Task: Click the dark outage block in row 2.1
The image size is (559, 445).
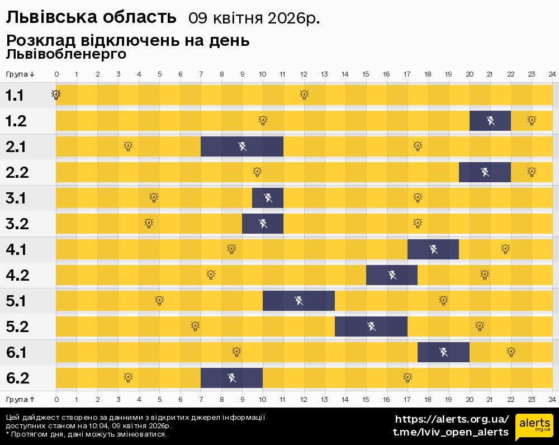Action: click(241, 146)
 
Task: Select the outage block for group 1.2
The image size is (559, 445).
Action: click(490, 121)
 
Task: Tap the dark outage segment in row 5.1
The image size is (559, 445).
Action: click(299, 301)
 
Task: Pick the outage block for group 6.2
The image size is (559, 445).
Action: click(231, 378)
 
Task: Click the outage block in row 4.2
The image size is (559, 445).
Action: click(392, 275)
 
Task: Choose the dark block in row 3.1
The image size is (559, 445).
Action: click(268, 198)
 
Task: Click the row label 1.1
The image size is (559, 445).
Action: click(15, 96)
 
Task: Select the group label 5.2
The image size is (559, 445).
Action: click(17, 327)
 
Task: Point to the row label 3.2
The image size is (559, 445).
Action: click(17, 224)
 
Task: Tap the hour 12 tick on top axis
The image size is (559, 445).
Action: click(304, 74)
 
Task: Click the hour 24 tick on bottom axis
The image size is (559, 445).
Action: click(552, 399)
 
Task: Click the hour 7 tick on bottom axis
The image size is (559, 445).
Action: click(201, 399)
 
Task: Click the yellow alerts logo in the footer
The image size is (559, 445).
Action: click(534, 428)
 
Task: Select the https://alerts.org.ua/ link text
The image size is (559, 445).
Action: click(452, 419)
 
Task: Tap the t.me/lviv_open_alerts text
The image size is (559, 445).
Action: click(451, 432)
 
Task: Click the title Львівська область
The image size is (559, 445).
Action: click(91, 17)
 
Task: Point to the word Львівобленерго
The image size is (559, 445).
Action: click(66, 54)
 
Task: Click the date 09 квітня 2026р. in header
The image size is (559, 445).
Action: click(254, 18)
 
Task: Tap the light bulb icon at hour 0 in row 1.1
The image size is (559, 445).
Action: click(56, 95)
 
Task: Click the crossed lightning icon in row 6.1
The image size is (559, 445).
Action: click(443, 352)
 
